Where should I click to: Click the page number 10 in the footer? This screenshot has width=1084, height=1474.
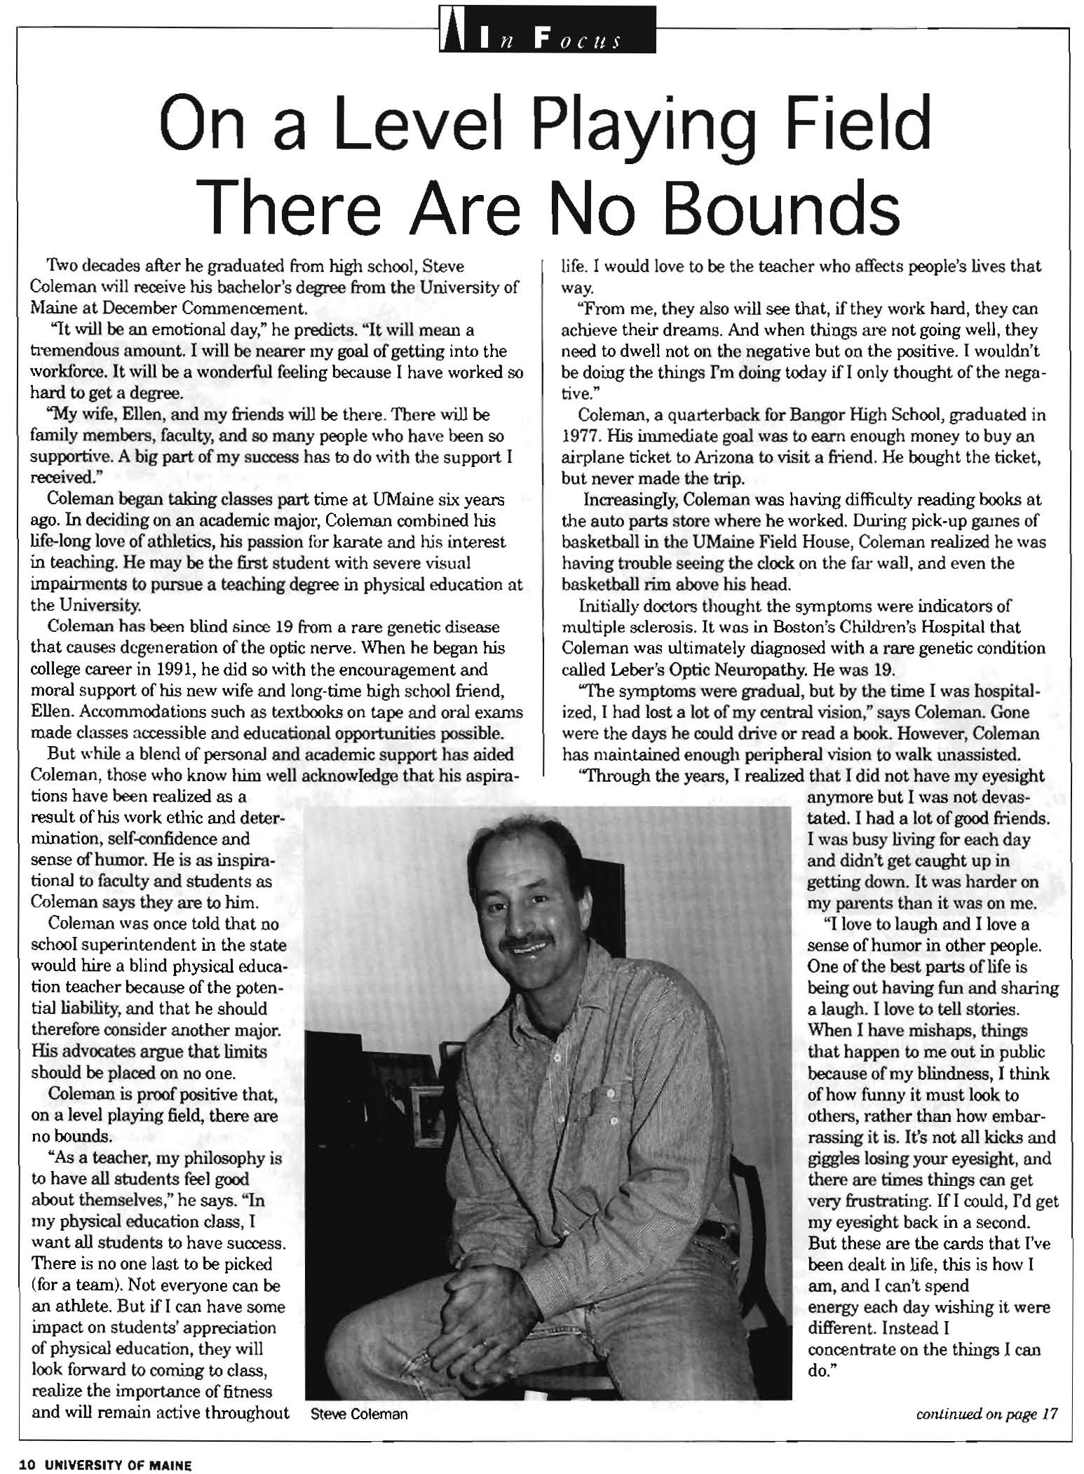point(27,1465)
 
